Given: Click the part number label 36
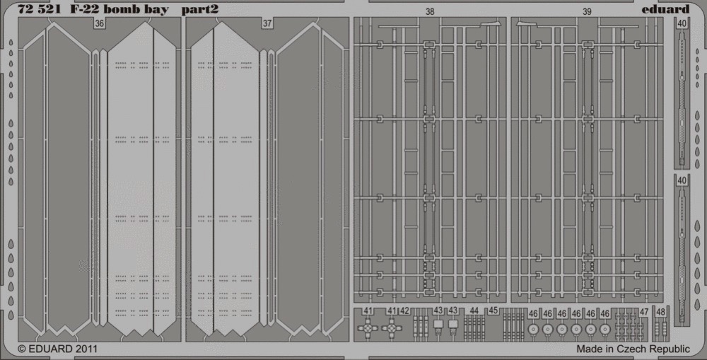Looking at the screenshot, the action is pos(99,23).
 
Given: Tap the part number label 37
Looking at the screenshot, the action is pos(267,23).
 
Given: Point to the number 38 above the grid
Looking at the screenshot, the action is pos(430,12).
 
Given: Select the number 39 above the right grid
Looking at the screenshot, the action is pos(587,12).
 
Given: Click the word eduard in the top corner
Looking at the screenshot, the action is pos(665,9).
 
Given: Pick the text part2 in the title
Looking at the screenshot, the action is pos(200,10).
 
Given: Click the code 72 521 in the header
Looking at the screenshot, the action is pos(39,9).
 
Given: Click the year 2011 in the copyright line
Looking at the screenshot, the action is pos(86,349).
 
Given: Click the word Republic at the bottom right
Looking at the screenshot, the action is pos(672,349).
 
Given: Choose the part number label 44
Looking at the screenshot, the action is pos(474,310).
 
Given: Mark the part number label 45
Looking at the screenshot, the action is pos(493,310).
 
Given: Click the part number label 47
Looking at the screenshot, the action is pos(644,311).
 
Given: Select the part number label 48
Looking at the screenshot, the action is pos(660,311).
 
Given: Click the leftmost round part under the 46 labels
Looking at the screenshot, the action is pos(533,330).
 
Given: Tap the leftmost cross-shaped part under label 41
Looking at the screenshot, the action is pos(368,328).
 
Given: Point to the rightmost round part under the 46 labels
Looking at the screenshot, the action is pos(605,330).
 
